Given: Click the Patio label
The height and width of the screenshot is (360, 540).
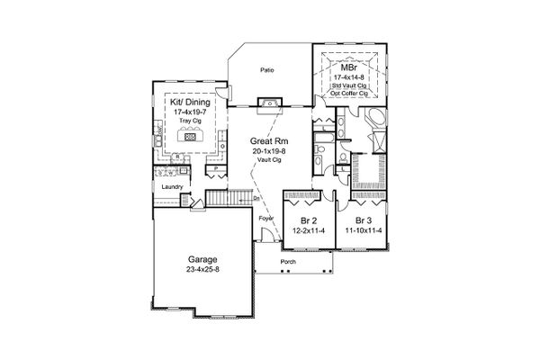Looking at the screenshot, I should coord(267,69).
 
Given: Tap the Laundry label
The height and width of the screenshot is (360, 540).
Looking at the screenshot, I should coord(174,187).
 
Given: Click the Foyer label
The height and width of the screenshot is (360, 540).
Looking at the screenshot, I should coord(266,219).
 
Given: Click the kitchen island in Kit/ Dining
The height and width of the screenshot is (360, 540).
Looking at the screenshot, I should coord(190,136).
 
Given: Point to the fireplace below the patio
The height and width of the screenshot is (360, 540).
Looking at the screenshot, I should coord(268,104).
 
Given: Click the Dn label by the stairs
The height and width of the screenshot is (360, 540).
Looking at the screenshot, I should coord(257,198).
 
